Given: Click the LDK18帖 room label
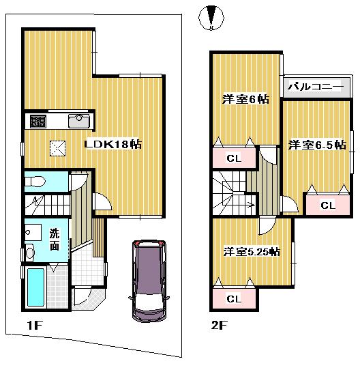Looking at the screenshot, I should coord(112,145).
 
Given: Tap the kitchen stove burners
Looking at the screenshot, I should coord(37,122).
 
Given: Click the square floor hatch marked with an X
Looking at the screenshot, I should coord(57,148).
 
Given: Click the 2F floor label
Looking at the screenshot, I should coord(217,325).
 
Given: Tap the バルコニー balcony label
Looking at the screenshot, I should coord(314,87).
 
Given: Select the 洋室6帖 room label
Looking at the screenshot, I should coord(245,99).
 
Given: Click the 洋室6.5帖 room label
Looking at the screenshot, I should coord(316,145).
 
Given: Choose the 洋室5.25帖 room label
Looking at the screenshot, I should coord(251,251).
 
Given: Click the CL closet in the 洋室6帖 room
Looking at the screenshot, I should coord(233,159).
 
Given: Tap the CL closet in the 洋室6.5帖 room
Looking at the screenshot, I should coord(327,204).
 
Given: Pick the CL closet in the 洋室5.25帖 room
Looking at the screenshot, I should coord(233,298).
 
